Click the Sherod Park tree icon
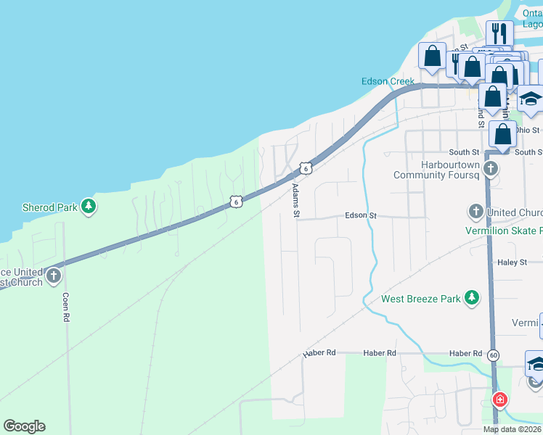coord(89,207)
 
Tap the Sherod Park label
coord(49,207)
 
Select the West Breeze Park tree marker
coord(473,298)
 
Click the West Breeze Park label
coord(421,299)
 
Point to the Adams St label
coord(295,200)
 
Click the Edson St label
coord(362,215)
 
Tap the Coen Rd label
coord(65,307)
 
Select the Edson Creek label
coord(388,81)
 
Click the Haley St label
coord(513,262)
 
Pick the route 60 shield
coord(494,355)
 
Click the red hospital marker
coord(499,399)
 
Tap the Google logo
coord(24,426)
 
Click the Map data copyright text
coord(513,430)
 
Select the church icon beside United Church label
coord(476,212)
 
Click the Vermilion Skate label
coord(503,231)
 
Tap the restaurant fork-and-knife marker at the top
coord(499,33)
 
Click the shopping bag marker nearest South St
coord(502,135)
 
